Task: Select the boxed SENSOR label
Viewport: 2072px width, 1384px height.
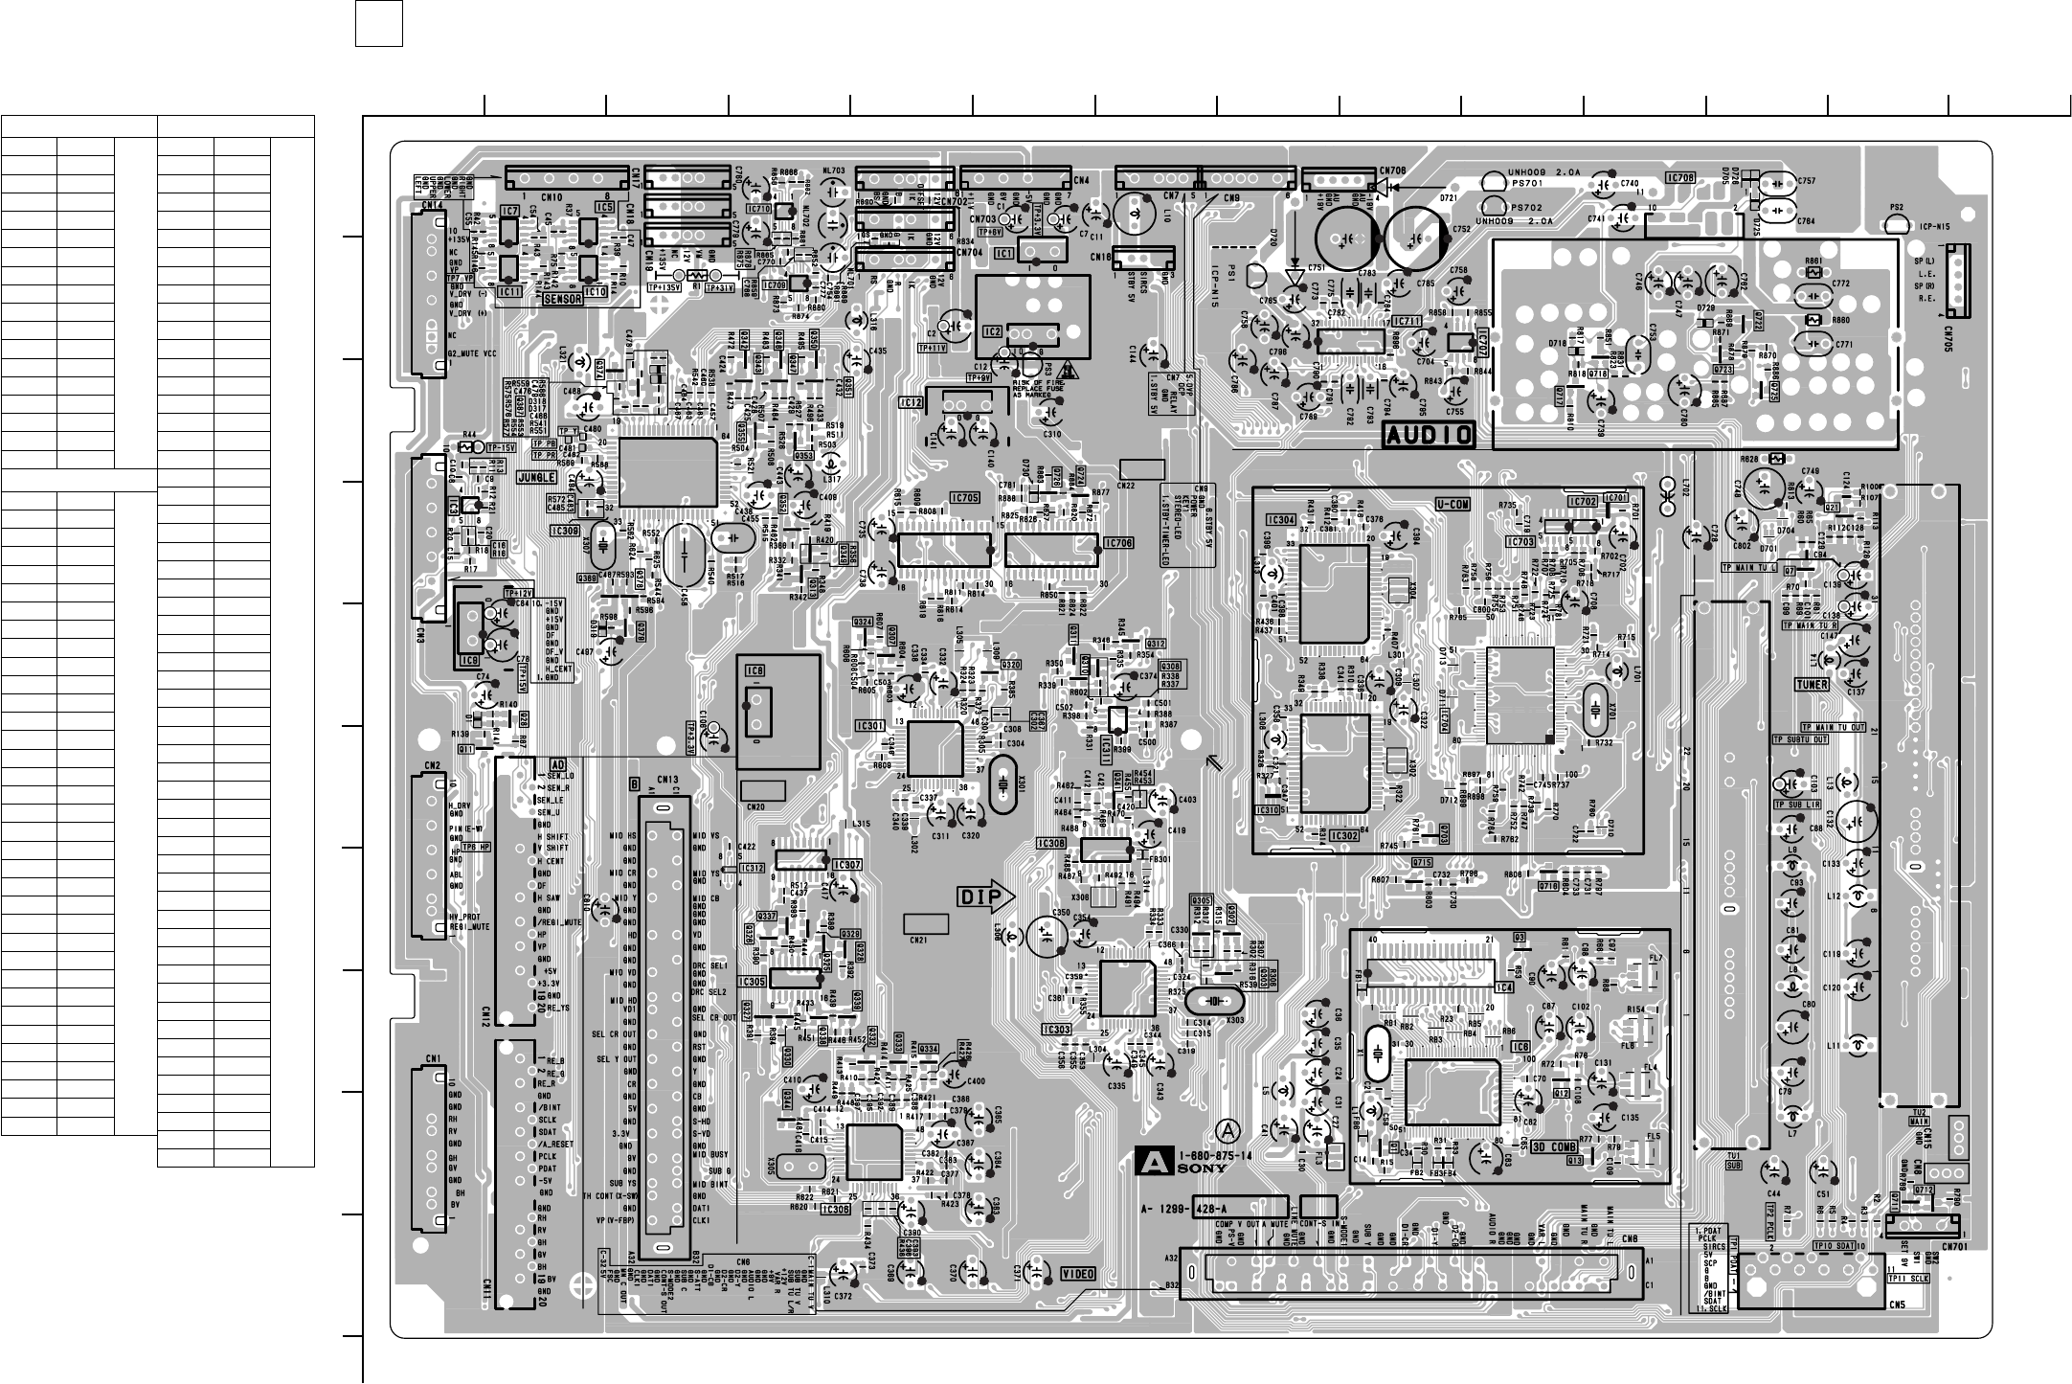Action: click(x=563, y=299)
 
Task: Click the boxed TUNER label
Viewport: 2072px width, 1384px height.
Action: click(x=1813, y=684)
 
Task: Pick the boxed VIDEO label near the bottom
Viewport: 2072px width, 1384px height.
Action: click(x=1078, y=1274)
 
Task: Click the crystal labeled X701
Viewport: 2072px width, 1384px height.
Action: click(x=1593, y=709)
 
